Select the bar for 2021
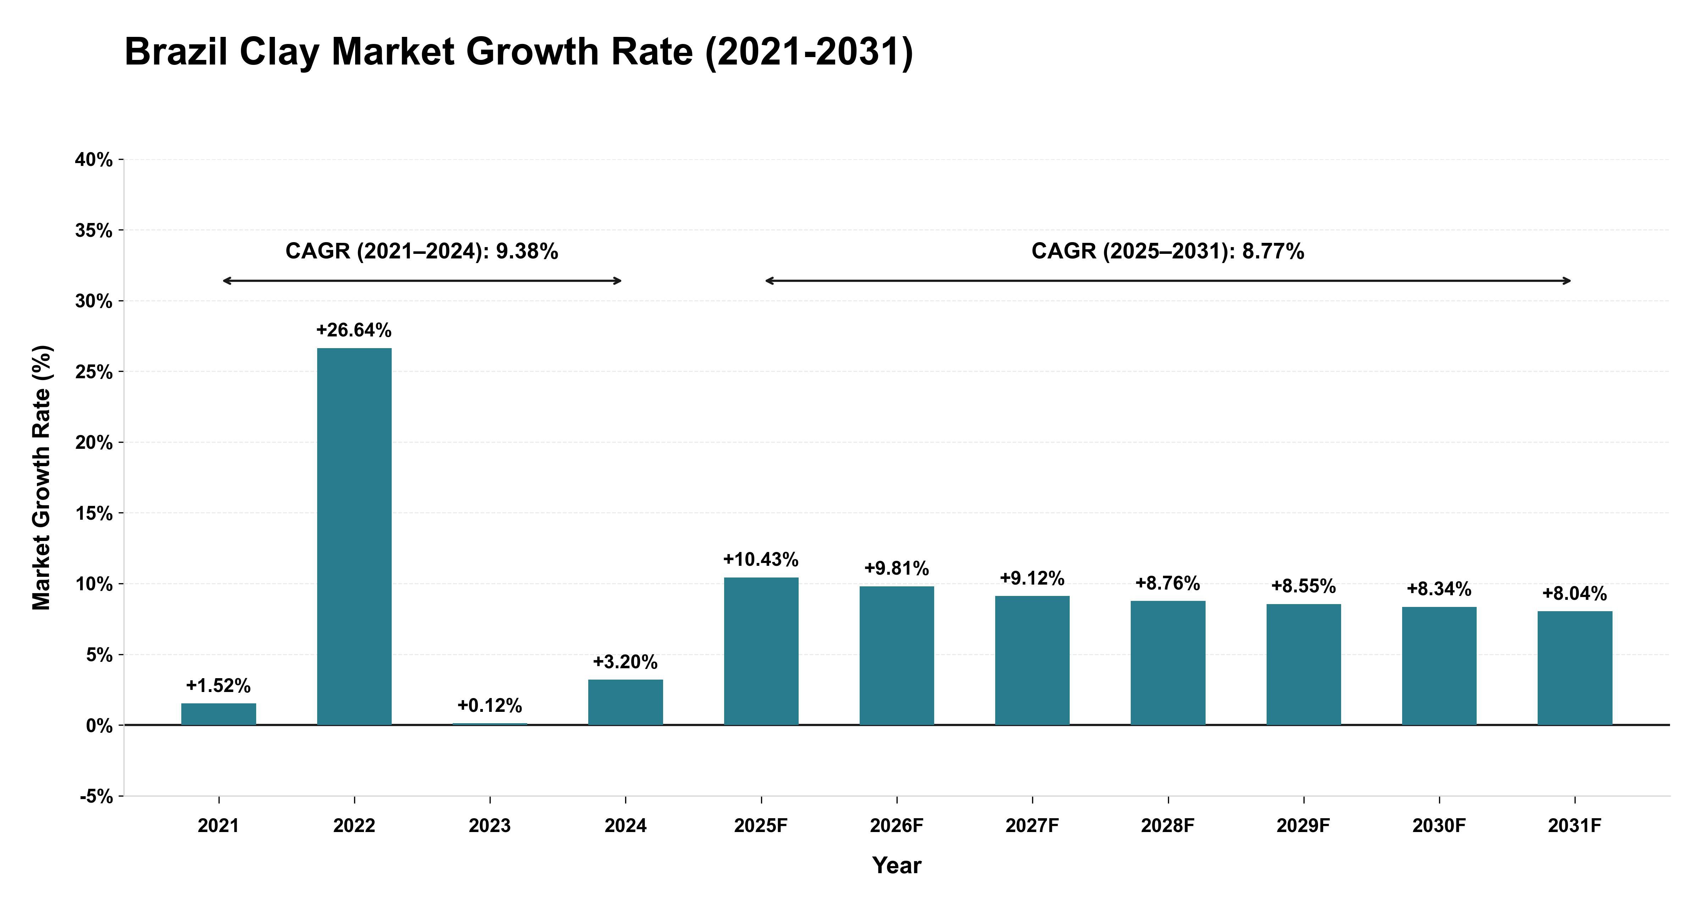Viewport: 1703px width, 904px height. click(219, 714)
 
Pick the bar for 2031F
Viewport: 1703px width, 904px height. click(1575, 668)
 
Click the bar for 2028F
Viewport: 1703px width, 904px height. click(1168, 663)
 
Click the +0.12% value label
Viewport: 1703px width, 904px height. click(490, 706)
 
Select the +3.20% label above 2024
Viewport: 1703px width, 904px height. click(625, 662)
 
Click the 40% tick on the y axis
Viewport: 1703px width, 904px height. click(94, 160)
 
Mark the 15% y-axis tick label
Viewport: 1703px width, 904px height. click(94, 513)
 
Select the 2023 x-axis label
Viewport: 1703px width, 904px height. click(490, 826)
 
